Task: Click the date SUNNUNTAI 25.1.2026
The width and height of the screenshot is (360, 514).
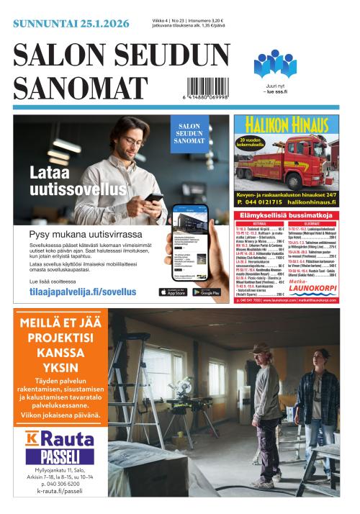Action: click(x=71, y=24)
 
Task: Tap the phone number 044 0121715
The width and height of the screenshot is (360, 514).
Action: click(x=262, y=203)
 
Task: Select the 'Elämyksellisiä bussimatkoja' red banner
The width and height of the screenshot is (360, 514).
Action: click(x=285, y=215)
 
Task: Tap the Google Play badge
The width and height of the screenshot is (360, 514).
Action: click(x=207, y=292)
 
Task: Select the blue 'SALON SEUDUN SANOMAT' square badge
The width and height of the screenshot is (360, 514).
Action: click(x=189, y=133)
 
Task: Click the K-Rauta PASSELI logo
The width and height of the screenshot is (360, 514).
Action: click(x=60, y=447)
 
